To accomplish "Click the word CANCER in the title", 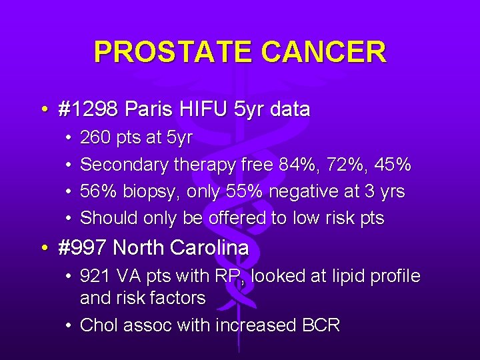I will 324,52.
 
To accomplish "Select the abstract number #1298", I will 88,109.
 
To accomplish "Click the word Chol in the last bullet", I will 98,325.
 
